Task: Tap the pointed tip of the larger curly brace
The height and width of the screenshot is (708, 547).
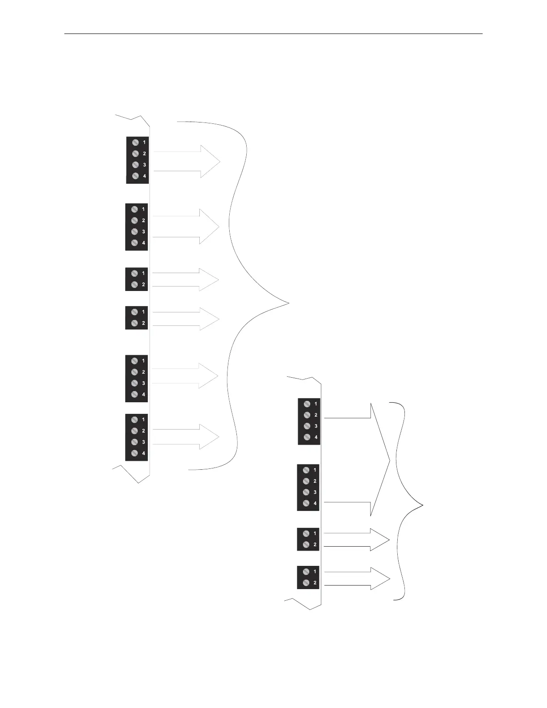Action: (288, 303)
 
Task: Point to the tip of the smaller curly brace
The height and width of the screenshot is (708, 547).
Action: (422, 505)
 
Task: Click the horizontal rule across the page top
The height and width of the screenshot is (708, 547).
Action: (273, 34)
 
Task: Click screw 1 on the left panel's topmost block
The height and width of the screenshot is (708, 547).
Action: (135, 143)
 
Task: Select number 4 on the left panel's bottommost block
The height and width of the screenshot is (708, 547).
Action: (143, 453)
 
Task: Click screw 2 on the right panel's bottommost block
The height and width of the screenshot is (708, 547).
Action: (306, 583)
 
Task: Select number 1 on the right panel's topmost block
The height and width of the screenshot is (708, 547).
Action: (316, 404)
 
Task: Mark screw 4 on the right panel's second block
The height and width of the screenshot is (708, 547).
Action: (306, 503)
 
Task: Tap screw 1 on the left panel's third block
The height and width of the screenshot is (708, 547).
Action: (135, 274)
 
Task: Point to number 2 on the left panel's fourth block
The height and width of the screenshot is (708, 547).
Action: (143, 323)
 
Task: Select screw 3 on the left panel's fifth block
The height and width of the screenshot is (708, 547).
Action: (135, 383)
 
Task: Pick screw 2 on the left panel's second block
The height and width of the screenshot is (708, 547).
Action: (135, 220)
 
